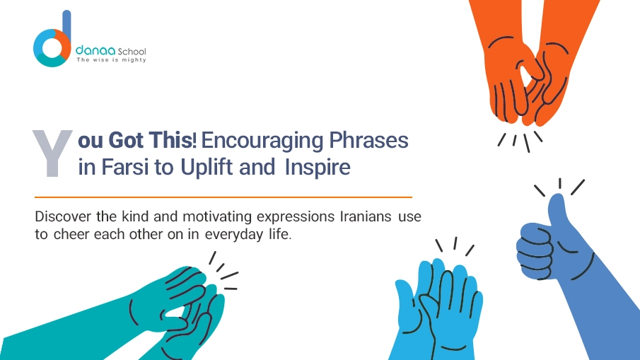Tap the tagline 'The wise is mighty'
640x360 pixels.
[x=111, y=60]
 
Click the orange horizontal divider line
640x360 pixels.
[x=223, y=197]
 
